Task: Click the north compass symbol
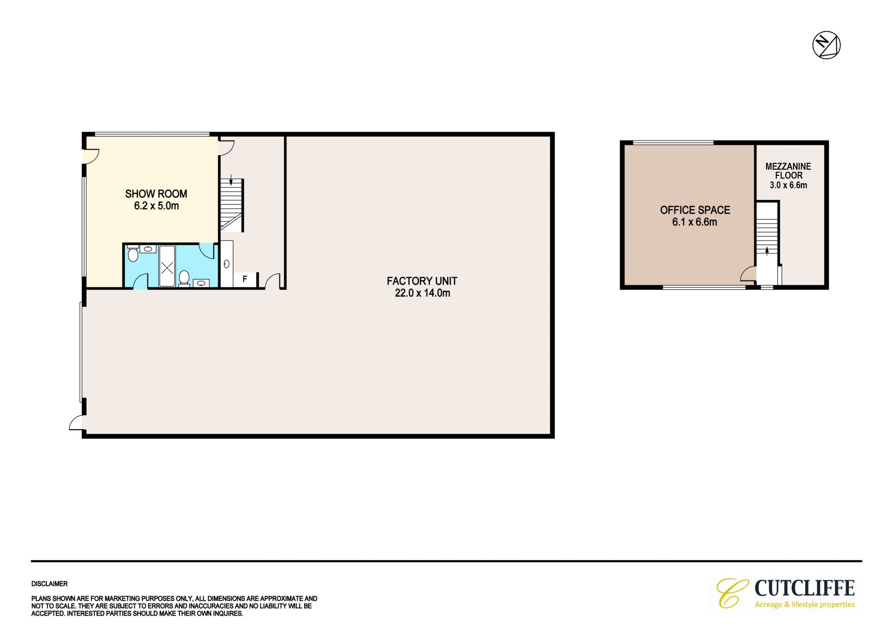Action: click(x=826, y=46)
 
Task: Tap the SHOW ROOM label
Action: click(x=156, y=194)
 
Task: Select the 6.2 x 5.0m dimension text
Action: click(x=156, y=206)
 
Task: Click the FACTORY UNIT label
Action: click(x=422, y=281)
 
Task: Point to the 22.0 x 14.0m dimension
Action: click(x=422, y=293)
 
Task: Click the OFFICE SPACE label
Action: click(x=695, y=210)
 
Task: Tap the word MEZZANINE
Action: click(x=788, y=166)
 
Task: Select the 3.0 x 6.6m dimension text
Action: click(x=788, y=185)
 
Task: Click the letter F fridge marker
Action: click(x=245, y=279)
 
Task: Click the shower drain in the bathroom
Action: click(x=167, y=266)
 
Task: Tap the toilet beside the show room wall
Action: click(x=133, y=254)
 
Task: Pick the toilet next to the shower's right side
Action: click(x=184, y=278)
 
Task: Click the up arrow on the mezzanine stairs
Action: click(x=767, y=251)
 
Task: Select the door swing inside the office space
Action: click(x=748, y=273)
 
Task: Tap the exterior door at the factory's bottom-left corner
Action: click(x=76, y=422)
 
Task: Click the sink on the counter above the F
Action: click(x=227, y=264)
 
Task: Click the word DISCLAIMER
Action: click(x=49, y=584)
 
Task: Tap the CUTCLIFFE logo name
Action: click(x=804, y=588)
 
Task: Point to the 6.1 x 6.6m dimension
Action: click(x=694, y=222)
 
